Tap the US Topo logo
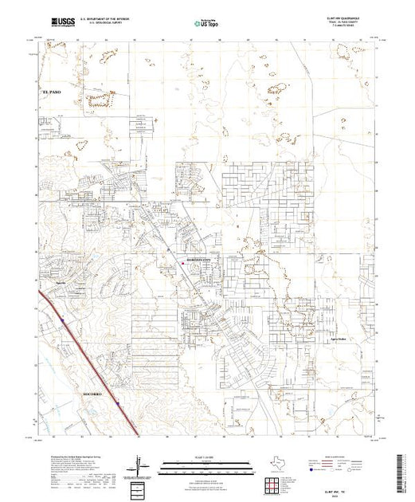tap(208, 24)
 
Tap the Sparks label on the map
tap(60, 281)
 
